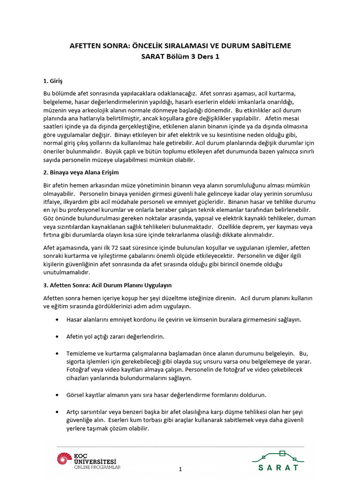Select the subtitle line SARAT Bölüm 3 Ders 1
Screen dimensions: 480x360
(180, 57)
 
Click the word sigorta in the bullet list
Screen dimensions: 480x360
(77, 361)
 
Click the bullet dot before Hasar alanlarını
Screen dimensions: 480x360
(57, 320)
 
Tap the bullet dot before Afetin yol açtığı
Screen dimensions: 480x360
(57, 337)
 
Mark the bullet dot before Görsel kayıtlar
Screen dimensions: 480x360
(57, 395)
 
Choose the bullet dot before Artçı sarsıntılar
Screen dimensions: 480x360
(57, 412)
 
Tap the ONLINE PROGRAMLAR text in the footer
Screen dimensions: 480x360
(97, 467)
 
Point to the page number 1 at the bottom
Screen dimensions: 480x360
(180, 469)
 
